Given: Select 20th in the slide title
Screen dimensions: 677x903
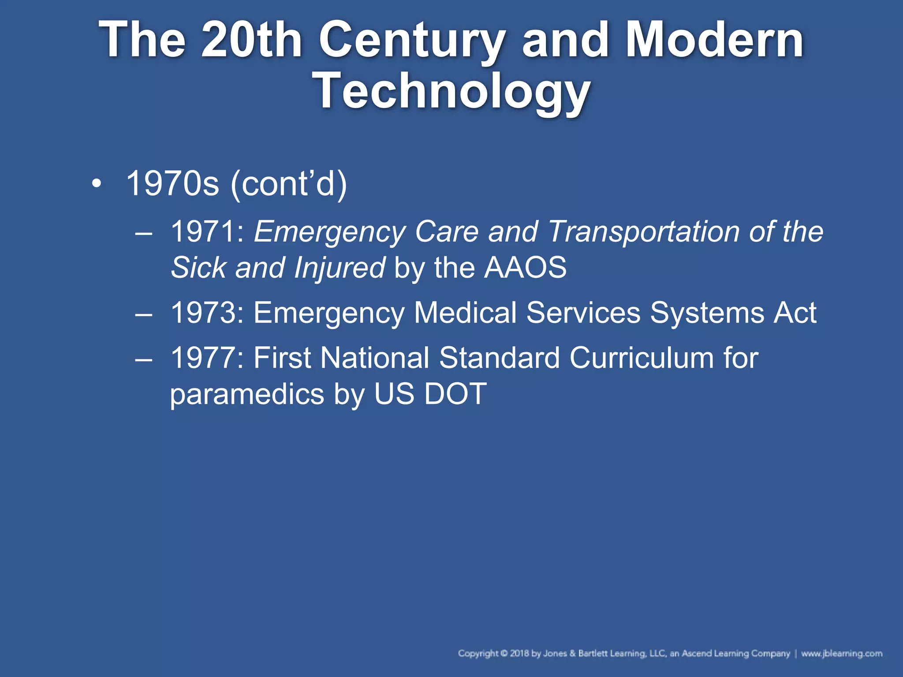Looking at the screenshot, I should [252, 41].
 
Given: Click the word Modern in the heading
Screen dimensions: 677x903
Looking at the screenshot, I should [714, 41].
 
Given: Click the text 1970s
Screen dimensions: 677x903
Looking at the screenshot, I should [172, 184].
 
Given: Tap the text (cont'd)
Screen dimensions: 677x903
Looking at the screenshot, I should [289, 184].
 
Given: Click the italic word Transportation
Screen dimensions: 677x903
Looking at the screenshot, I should [643, 232].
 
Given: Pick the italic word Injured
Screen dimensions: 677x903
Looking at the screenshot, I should [339, 268].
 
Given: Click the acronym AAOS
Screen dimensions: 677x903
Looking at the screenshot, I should [525, 268].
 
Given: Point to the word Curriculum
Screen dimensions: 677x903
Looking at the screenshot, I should [641, 358].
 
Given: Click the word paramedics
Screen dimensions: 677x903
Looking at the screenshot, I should [247, 394].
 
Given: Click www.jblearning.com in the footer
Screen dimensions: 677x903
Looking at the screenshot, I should [842, 654].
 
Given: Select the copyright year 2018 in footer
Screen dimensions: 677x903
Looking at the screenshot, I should [519, 654].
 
